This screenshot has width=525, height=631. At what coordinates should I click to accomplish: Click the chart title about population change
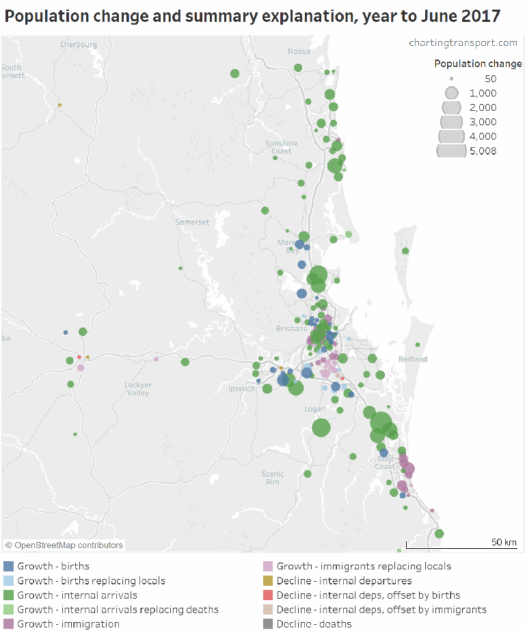tap(252, 16)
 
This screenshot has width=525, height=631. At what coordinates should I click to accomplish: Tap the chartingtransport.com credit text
tap(463, 42)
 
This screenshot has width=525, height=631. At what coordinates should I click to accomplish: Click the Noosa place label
tap(299, 51)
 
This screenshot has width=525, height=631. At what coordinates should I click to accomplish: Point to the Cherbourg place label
tap(79, 44)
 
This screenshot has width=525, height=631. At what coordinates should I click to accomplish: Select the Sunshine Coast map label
tap(281, 147)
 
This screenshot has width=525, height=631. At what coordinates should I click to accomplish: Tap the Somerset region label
tap(193, 222)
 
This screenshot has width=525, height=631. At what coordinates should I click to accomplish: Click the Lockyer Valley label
tap(137, 389)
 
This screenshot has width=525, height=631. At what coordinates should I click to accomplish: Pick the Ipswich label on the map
tap(242, 389)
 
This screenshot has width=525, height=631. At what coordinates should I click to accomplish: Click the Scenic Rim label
tap(273, 478)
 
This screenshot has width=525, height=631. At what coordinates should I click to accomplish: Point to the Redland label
tap(413, 359)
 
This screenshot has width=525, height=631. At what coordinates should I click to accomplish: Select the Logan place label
tap(315, 409)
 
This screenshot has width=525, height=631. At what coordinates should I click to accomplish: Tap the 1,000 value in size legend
tap(483, 93)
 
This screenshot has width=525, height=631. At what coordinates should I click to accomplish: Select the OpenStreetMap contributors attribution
tap(64, 545)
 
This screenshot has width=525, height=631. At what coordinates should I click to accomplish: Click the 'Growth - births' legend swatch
tap(9, 566)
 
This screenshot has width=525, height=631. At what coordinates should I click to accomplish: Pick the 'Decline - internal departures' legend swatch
tap(268, 580)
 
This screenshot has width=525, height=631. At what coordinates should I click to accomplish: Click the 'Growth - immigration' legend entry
tap(68, 623)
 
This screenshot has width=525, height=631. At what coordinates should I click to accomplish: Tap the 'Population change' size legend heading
tap(478, 64)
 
